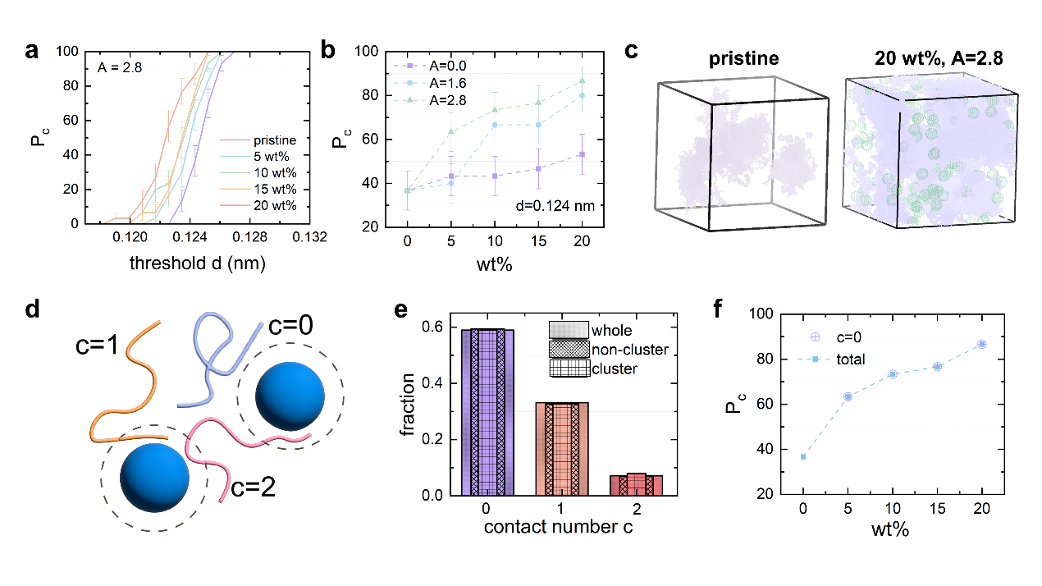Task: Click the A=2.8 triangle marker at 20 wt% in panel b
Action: click(582, 80)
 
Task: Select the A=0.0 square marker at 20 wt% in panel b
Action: click(582, 153)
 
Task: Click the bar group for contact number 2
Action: click(635, 485)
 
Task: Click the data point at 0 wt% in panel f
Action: click(803, 457)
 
